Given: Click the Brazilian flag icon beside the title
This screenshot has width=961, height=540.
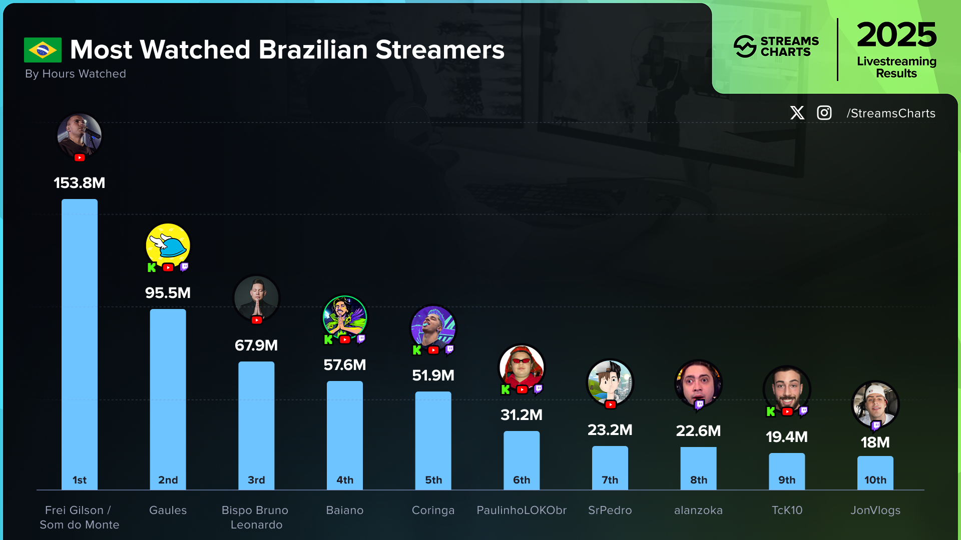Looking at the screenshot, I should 43,50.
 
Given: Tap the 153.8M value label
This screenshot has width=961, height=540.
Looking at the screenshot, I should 80,183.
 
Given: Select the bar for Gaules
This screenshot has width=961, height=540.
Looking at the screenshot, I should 168,395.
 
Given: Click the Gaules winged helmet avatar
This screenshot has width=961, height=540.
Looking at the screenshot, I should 168,245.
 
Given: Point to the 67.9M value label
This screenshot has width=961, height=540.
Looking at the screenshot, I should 256,345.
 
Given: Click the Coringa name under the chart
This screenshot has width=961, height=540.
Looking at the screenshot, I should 433,510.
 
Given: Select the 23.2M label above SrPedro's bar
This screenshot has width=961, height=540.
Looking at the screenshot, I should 610,430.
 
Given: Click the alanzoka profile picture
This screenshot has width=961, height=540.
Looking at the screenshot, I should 698,383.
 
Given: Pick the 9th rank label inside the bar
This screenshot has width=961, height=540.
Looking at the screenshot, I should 787,480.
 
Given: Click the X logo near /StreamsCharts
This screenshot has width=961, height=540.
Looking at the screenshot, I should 797,113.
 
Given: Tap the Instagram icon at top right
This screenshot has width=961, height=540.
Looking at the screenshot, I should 824,113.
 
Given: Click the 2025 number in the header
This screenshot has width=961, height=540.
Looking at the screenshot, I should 896,35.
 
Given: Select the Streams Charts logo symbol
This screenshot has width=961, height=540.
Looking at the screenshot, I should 745,46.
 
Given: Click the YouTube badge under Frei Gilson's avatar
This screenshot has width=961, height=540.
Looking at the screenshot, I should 80,158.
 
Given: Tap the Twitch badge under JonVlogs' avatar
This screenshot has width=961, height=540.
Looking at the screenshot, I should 876,425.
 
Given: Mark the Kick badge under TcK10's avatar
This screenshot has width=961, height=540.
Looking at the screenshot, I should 771,411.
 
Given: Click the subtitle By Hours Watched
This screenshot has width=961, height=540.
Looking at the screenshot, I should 76,74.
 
